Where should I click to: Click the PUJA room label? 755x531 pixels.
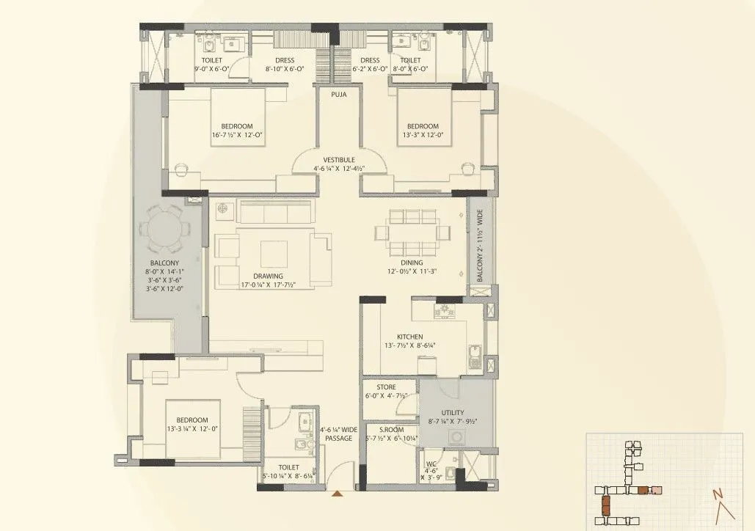338,95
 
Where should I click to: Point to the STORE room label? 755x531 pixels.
386,387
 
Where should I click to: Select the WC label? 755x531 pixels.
432,464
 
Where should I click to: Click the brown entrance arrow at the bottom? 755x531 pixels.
337,494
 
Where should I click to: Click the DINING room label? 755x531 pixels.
412,262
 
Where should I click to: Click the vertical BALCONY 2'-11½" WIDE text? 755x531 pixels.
481,246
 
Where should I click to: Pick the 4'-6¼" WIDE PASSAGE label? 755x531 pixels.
338,434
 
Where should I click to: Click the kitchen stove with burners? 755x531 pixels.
444,313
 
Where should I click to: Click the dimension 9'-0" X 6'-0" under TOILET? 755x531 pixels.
211,69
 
